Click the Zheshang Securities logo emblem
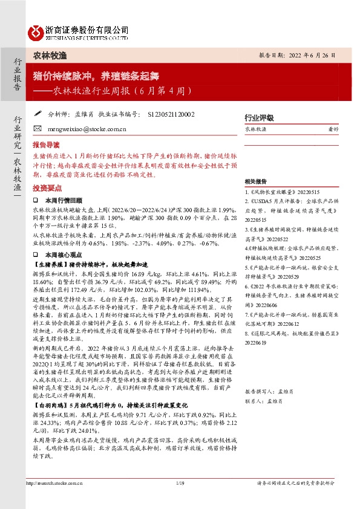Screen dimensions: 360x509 (x=37, y=31)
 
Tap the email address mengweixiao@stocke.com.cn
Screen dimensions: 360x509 (x=79, y=129)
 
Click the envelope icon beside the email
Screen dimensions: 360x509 (x=38, y=129)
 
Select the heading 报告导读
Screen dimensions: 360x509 (x=47, y=145)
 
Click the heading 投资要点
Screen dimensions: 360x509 (x=47, y=188)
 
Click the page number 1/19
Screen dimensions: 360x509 (x=179, y=483)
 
